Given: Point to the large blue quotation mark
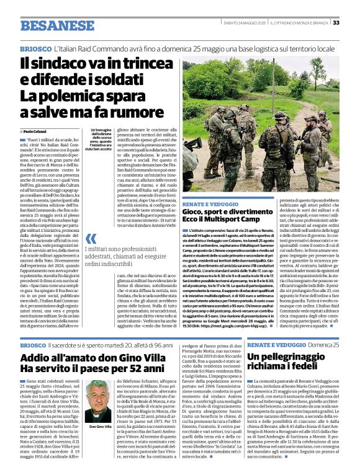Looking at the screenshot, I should pyautogui.click(x=91, y=238).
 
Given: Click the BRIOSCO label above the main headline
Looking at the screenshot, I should pyautogui.click(x=35, y=48).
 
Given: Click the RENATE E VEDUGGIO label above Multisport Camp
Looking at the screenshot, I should pyautogui.click(x=210, y=203).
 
